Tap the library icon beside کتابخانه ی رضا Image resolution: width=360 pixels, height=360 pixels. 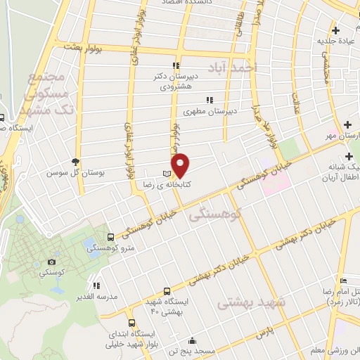tap(166, 173)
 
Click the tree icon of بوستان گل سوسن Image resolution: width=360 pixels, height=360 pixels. tap(77, 161)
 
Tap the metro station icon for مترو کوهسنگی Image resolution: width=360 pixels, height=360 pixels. tap(110, 237)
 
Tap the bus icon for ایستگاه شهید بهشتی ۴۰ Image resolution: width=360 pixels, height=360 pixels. tap(167, 290)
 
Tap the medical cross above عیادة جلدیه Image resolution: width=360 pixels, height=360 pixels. tap(336, 30)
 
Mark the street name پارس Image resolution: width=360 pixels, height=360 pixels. tap(264, 330)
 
